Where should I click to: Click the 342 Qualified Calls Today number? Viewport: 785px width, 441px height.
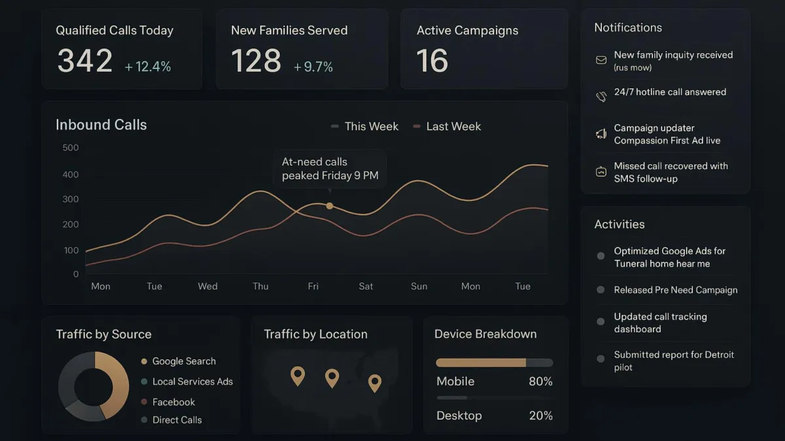[x=84, y=61]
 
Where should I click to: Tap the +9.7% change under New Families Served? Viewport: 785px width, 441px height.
[x=313, y=67]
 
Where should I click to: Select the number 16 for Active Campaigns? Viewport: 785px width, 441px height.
[x=432, y=61]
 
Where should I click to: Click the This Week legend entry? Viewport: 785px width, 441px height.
[x=364, y=126]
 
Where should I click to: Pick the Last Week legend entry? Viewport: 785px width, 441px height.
[x=447, y=126]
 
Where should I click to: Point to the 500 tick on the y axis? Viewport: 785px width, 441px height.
[x=71, y=148]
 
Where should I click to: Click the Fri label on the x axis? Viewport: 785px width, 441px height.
[x=313, y=286]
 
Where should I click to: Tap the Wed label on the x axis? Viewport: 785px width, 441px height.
[x=207, y=286]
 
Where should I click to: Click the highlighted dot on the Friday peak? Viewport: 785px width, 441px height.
[x=330, y=205]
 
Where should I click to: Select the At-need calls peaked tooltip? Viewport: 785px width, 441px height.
[x=330, y=169]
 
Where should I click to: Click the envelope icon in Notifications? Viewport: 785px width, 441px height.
[x=601, y=60]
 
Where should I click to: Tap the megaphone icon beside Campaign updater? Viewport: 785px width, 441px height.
[x=601, y=134]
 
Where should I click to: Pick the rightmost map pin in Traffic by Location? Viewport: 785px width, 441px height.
[x=375, y=382]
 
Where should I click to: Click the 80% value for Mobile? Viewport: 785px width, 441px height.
[x=540, y=381]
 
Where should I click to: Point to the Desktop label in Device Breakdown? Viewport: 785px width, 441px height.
[x=459, y=415]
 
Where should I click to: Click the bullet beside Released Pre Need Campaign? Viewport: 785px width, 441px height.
[x=601, y=290]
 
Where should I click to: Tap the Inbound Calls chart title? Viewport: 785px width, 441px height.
[x=101, y=125]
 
